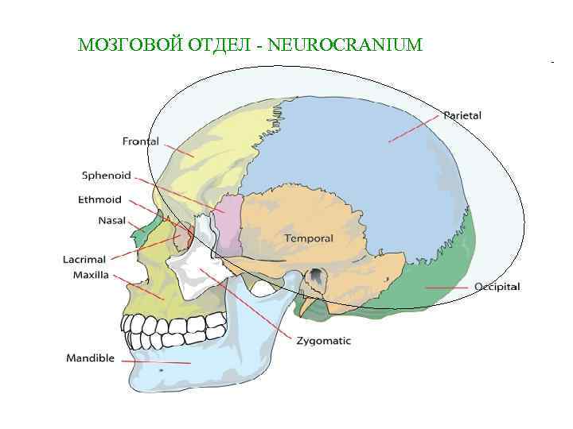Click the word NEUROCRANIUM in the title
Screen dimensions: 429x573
click(x=345, y=44)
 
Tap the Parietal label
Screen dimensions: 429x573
click(x=462, y=116)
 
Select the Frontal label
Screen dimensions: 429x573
click(x=141, y=142)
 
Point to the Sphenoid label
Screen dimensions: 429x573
click(x=107, y=176)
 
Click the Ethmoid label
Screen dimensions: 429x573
click(x=99, y=199)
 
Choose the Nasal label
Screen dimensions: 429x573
click(x=112, y=220)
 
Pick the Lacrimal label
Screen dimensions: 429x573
click(x=84, y=259)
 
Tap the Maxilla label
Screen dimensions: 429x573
click(x=91, y=275)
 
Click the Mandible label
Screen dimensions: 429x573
click(x=90, y=358)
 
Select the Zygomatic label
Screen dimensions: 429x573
click(x=323, y=341)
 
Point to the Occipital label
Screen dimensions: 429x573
click(x=497, y=287)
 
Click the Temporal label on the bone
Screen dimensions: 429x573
click(x=309, y=238)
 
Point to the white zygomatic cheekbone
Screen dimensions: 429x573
click(x=191, y=274)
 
